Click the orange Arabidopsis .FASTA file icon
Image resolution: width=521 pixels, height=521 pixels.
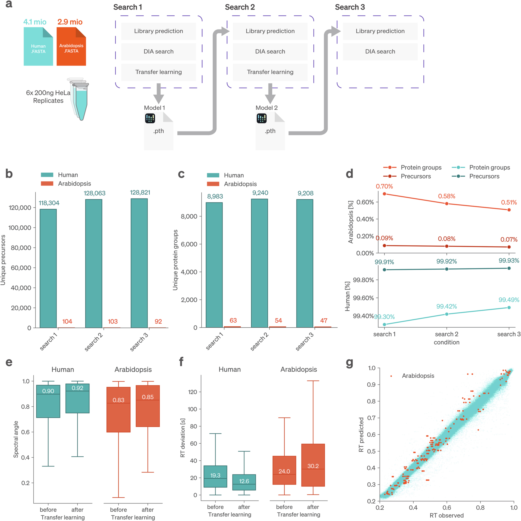pos(71,46)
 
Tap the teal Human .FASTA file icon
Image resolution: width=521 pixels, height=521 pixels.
pos(38,46)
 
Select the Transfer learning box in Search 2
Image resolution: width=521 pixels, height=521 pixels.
pos(270,72)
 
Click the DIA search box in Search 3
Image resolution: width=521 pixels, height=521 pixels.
pos(380,51)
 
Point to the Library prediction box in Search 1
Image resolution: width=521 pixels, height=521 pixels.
pos(159,31)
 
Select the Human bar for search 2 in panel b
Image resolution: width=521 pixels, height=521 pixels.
pos(94,263)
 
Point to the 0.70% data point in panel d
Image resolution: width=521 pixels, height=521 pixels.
pos(384,194)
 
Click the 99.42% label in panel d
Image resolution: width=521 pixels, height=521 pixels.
pos(447,306)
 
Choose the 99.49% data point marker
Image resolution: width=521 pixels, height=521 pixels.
pos(509,307)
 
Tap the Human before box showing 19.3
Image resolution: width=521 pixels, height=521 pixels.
pos(215,476)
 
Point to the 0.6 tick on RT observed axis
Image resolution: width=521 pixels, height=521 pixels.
pos(447,507)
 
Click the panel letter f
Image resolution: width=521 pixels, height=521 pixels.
pos(181,361)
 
